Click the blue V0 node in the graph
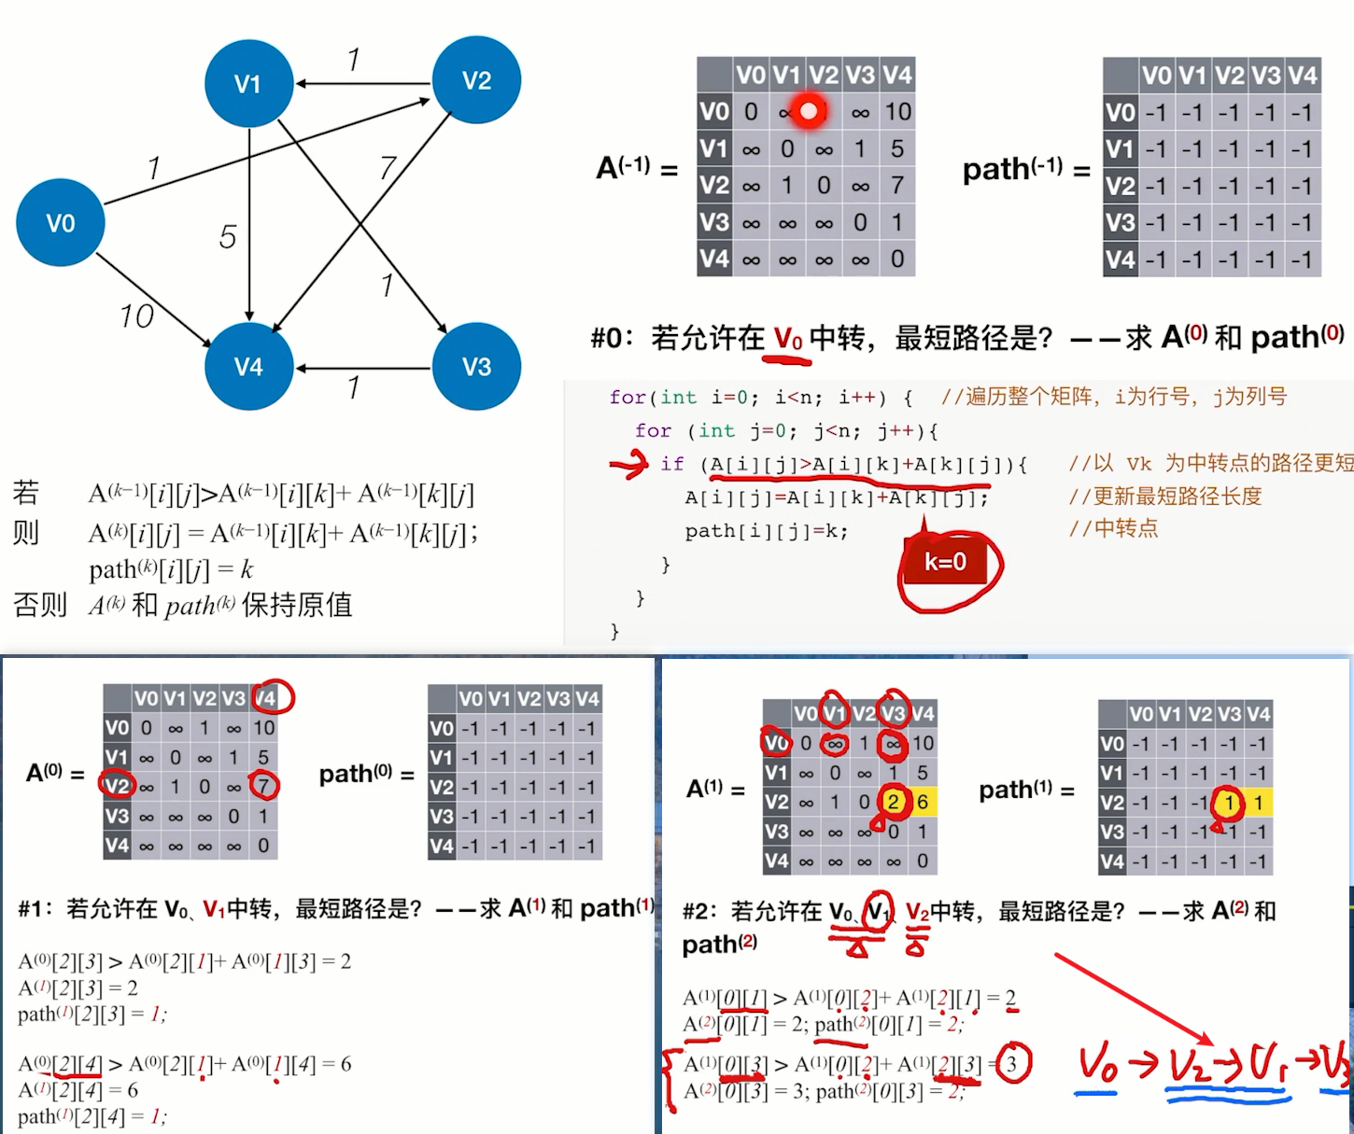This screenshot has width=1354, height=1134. [61, 223]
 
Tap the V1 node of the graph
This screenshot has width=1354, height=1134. [248, 84]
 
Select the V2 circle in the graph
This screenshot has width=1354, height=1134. [476, 80]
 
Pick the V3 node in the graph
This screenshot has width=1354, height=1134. [476, 367]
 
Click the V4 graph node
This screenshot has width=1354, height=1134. [248, 367]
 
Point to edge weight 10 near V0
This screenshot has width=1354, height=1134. [136, 316]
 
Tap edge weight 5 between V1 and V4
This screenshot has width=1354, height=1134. [228, 237]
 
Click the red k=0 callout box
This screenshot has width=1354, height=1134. [945, 562]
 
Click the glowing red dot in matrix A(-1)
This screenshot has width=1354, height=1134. [809, 112]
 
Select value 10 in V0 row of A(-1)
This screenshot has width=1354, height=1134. [897, 112]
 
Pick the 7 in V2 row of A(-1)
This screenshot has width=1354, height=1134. [897, 186]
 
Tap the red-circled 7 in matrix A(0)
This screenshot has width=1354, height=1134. [264, 786]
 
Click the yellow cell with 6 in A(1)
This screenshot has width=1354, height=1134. [923, 802]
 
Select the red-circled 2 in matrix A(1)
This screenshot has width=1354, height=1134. [894, 802]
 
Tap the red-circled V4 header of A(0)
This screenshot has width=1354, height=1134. [267, 697]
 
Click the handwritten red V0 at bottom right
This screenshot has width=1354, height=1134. [1098, 1066]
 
